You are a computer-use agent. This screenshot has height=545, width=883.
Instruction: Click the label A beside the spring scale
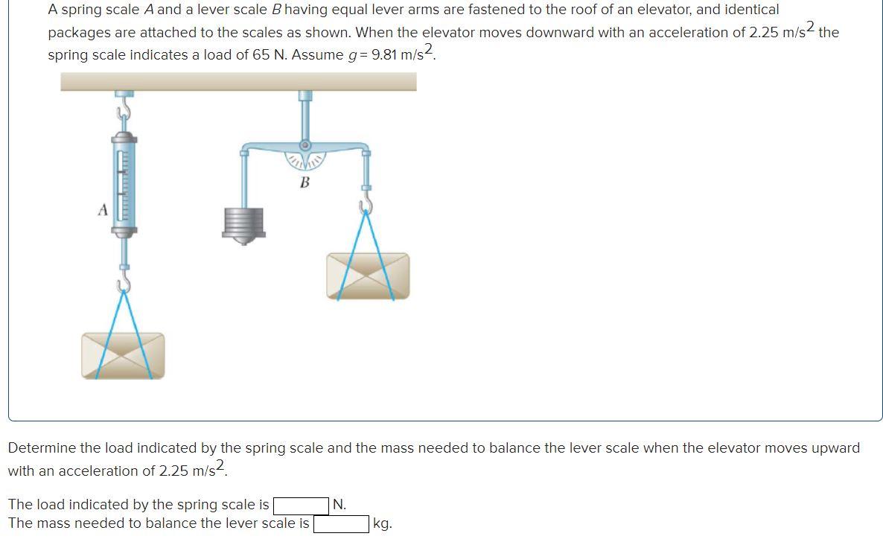[103, 211]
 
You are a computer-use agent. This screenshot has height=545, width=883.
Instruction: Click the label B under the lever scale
[305, 182]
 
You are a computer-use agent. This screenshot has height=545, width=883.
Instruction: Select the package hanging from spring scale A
[123, 355]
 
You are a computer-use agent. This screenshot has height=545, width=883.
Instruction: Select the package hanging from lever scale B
[368, 275]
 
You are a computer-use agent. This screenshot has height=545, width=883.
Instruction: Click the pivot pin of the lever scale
[305, 145]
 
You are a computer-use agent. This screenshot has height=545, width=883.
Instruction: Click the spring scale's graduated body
[124, 186]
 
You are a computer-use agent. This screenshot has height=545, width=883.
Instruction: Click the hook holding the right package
[366, 205]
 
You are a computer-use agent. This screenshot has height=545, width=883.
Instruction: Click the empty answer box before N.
[301, 506]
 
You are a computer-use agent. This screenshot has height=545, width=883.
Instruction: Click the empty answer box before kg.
[341, 524]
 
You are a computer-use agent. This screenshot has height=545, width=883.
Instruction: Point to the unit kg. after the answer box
[382, 524]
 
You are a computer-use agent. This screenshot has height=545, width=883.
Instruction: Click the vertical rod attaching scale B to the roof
[305, 115]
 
